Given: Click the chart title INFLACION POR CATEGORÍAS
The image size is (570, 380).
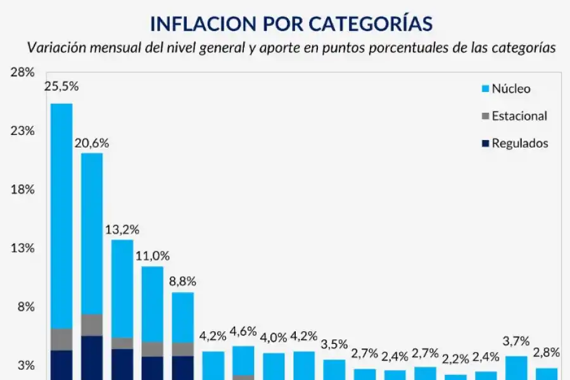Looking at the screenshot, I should [x=291, y=23].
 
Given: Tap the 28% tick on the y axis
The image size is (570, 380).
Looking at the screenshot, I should [x=22, y=72].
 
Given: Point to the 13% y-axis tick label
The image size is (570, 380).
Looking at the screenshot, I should [x=22, y=248].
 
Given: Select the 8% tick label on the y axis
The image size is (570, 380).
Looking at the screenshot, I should [x=25, y=307].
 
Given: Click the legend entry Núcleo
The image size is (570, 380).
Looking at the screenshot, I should [x=510, y=89].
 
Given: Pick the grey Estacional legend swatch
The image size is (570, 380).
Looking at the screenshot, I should [x=486, y=116].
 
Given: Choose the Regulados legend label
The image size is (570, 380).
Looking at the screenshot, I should [x=519, y=143].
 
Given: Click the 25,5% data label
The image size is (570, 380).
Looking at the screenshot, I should [x=61, y=86].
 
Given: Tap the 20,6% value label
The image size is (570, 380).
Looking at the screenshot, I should [x=92, y=143].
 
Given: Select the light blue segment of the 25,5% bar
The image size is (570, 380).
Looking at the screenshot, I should [x=61, y=215].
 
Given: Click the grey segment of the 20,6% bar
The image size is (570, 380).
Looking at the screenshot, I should [x=92, y=324].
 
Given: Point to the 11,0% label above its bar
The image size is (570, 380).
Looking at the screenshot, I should [x=153, y=256].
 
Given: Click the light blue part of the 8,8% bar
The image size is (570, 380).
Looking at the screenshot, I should [x=183, y=317].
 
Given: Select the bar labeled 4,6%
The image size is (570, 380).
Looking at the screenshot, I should [x=243, y=360].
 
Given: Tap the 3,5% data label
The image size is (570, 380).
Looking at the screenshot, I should [x=334, y=345].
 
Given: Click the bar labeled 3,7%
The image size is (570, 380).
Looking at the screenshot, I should [x=516, y=367].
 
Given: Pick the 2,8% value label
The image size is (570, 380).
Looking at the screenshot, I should [x=546, y=353].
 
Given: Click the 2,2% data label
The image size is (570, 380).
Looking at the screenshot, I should [x=455, y=359].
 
